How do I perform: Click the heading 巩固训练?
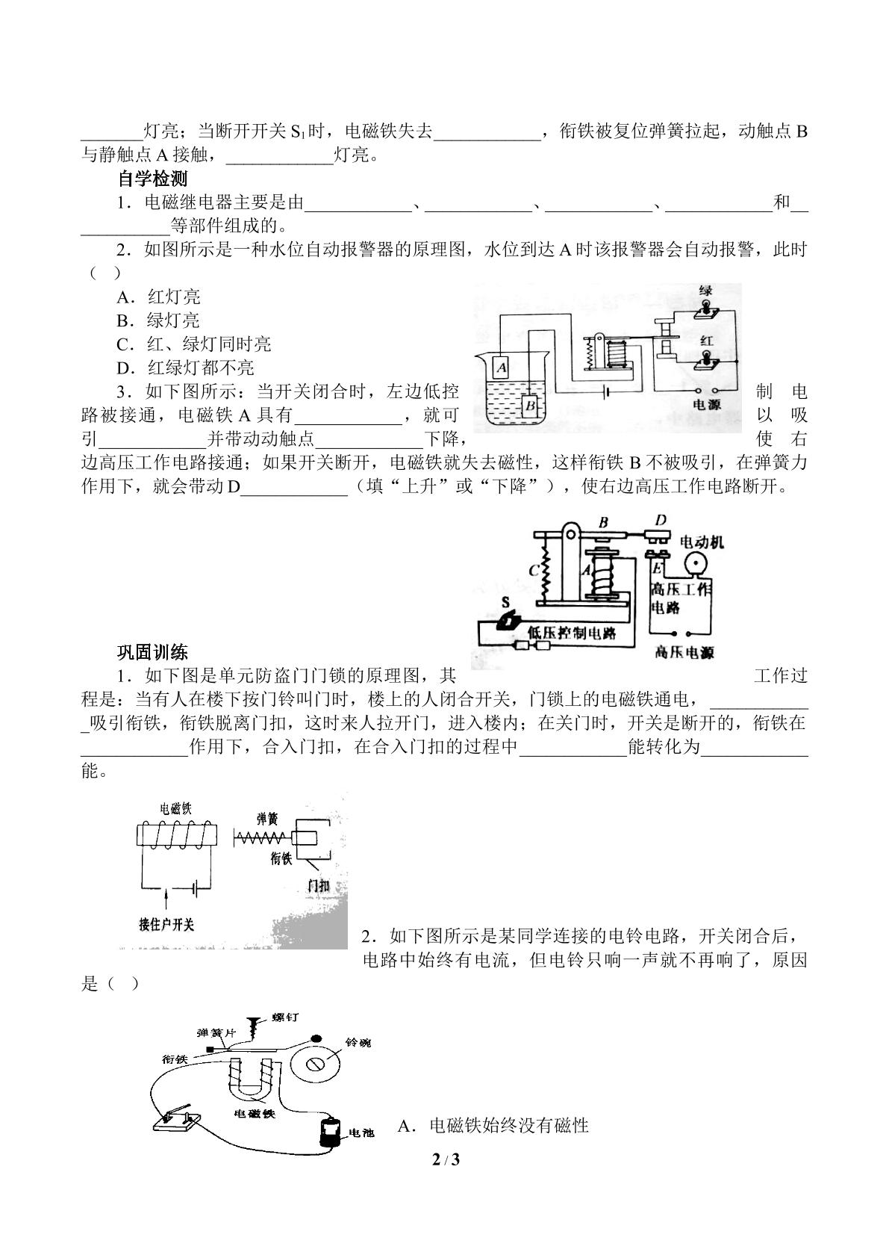152,652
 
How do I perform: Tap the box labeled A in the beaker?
502,367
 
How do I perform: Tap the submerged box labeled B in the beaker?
530,406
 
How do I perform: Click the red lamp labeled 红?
704,360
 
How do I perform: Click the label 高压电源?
684,652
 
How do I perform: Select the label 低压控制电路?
571,633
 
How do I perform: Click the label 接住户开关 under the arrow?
166,925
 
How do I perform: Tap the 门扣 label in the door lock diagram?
318,886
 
